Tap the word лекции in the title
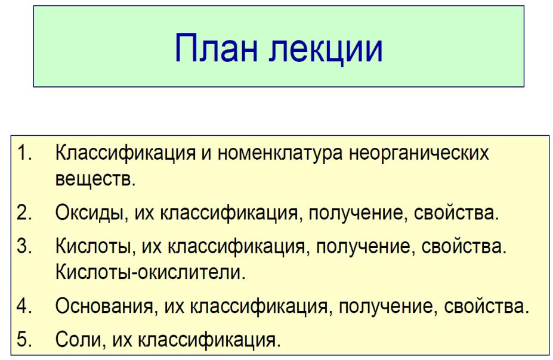tap(326, 49)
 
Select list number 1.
tap(24, 153)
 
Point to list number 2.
tap(24, 212)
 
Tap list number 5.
tap(24, 339)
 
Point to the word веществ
tap(95, 178)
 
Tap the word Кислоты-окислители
tap(150, 272)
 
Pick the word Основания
tap(104, 306)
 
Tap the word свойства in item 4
tap(487, 306)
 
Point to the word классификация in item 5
tap(209, 340)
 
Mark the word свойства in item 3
tap(464, 246)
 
